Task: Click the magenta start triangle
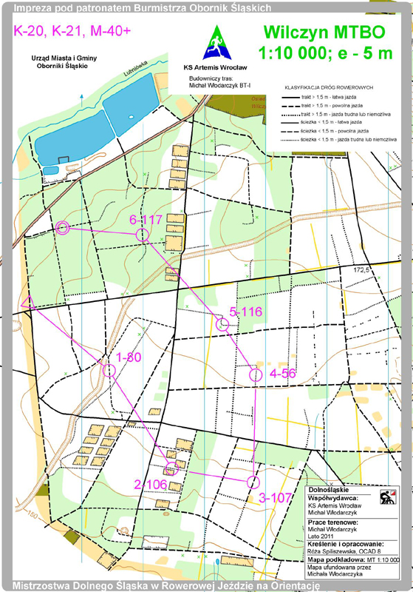pyautogui.click(x=28, y=301)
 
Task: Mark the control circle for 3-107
pyautogui.click(x=253, y=482)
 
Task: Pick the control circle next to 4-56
pyautogui.click(x=256, y=374)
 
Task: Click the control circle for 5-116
pyautogui.click(x=222, y=323)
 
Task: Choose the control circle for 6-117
pyautogui.click(x=142, y=234)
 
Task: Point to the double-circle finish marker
pyautogui.click(x=63, y=228)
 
